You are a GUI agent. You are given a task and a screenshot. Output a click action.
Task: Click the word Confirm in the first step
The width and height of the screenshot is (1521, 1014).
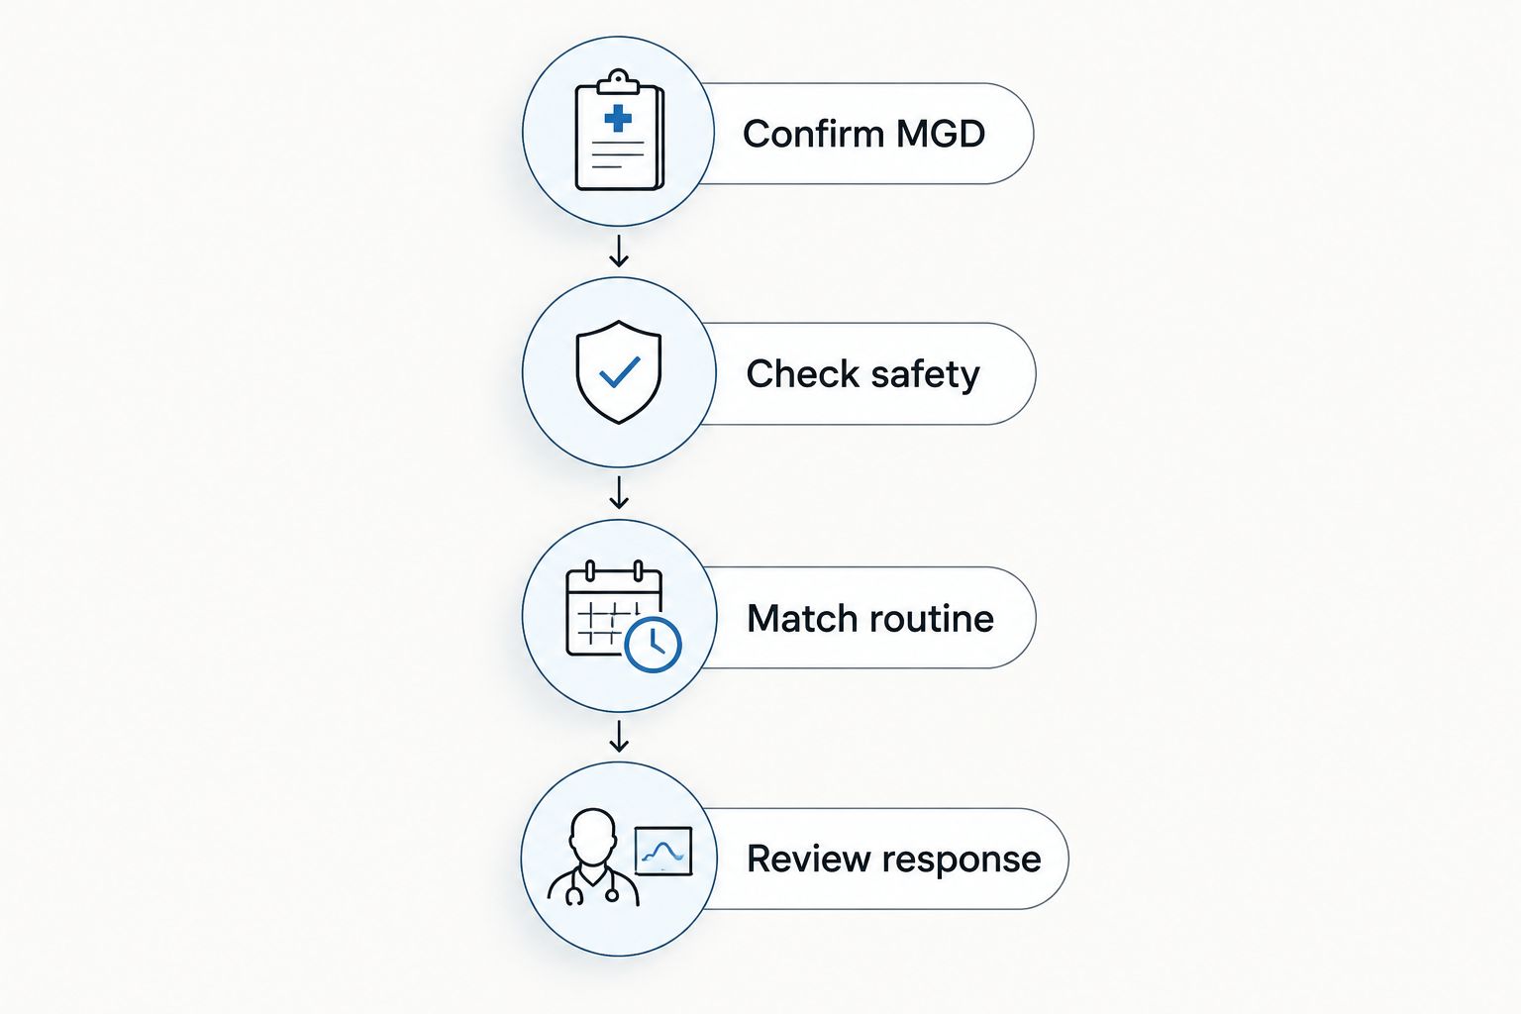pyautogui.click(x=813, y=134)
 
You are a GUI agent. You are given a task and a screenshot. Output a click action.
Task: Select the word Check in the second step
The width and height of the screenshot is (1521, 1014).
pyautogui.click(x=803, y=374)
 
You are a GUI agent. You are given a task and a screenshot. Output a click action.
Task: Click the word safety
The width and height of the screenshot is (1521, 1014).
pyautogui.click(x=925, y=375)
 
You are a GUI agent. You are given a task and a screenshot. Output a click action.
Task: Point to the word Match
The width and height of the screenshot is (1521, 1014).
pyautogui.click(x=803, y=619)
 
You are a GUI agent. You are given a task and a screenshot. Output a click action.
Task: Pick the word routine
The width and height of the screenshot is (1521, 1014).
pyautogui.click(x=932, y=619)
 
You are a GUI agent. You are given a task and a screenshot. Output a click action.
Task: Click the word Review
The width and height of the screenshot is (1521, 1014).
pyautogui.click(x=809, y=859)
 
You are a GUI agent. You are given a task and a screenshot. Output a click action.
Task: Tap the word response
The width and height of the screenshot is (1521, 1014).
pyautogui.click(x=962, y=862)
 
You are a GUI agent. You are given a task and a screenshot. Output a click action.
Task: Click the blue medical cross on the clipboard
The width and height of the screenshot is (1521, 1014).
pyautogui.click(x=618, y=118)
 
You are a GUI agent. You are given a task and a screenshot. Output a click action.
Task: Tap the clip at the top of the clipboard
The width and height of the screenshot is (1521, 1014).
pyautogui.click(x=618, y=81)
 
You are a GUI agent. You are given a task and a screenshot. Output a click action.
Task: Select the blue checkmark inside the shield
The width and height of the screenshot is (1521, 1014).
pyautogui.click(x=619, y=372)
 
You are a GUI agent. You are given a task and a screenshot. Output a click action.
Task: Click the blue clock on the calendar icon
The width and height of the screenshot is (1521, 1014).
pyautogui.click(x=653, y=645)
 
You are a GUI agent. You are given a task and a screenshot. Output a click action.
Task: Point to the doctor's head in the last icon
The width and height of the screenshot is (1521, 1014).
pyautogui.click(x=593, y=837)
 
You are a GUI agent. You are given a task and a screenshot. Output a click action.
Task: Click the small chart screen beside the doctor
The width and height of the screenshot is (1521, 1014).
pyautogui.click(x=663, y=851)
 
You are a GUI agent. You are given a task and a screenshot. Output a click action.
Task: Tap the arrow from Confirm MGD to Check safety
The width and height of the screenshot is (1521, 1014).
pyautogui.click(x=619, y=251)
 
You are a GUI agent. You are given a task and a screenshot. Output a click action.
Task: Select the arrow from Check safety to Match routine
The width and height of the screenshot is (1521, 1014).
pyautogui.click(x=619, y=492)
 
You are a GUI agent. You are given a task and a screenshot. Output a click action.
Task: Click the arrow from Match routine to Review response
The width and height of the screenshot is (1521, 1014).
pyautogui.click(x=619, y=736)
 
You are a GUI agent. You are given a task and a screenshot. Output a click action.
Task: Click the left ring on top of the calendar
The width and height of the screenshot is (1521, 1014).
pyautogui.click(x=590, y=570)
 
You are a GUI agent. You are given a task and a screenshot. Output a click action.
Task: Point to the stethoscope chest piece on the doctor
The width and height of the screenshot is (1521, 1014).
pyautogui.click(x=612, y=896)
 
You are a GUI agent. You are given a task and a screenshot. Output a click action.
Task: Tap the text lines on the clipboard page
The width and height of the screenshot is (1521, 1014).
pyautogui.click(x=618, y=154)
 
